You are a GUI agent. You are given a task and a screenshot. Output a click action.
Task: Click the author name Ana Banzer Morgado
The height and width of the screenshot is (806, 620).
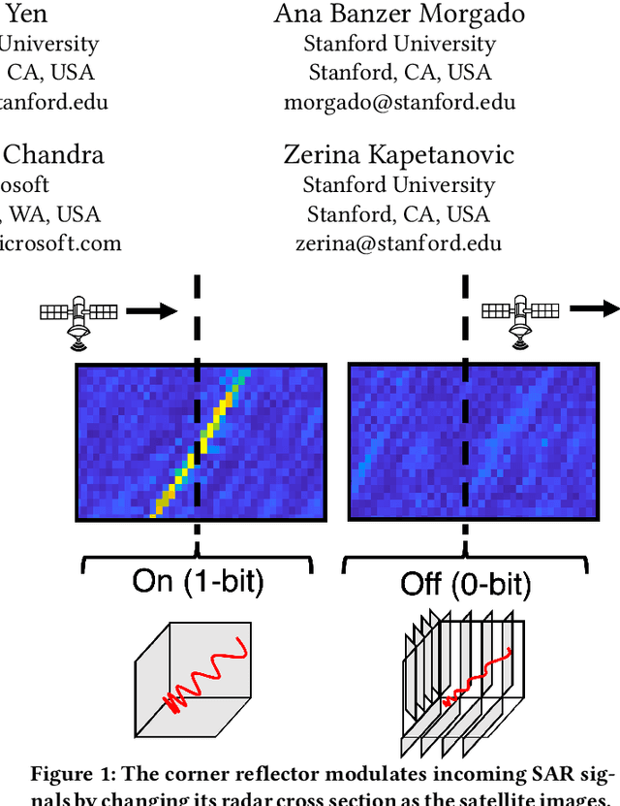[399, 14]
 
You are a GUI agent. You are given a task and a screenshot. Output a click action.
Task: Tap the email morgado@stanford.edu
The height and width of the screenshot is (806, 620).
[399, 102]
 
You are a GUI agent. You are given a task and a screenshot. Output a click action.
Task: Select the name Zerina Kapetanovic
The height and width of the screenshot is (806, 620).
[398, 154]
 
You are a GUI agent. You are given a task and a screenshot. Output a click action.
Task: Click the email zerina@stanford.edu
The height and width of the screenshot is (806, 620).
[398, 242]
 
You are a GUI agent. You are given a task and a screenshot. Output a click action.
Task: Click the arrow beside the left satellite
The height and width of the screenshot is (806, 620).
[152, 311]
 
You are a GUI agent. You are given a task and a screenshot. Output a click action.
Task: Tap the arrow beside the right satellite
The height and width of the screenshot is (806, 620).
[594, 309]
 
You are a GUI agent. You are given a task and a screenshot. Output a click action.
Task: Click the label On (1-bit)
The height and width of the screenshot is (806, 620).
[198, 581]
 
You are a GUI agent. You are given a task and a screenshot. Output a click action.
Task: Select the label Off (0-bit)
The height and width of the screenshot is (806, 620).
[465, 583]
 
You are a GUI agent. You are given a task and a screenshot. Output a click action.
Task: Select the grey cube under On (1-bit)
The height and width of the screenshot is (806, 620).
[192, 680]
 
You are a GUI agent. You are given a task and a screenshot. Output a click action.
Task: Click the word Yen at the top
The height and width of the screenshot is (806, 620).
[26, 14]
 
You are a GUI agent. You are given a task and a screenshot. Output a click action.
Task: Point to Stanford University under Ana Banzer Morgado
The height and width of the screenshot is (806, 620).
[399, 44]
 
